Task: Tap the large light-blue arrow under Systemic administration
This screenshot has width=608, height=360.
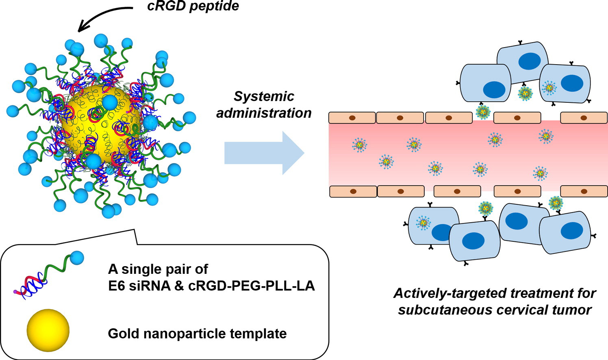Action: point(264,153)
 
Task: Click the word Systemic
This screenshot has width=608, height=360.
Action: point(264,96)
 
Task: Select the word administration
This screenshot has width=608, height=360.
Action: point(264,113)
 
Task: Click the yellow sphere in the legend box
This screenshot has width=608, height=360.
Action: point(48,330)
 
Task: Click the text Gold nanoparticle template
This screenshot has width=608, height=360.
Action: point(197,334)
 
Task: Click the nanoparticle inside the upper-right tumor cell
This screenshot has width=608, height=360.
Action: point(549,87)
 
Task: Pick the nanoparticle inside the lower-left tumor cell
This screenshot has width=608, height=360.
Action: point(423,222)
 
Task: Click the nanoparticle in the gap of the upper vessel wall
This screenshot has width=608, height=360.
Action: point(483,112)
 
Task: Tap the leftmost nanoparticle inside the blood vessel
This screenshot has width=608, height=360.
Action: point(360,145)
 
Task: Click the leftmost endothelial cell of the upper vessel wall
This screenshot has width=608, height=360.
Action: point(352,118)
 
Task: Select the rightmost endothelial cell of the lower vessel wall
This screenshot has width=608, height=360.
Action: point(584,191)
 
